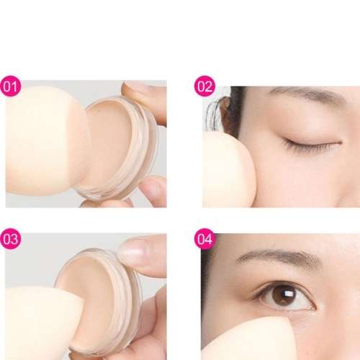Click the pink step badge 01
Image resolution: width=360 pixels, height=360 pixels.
coord(11,87)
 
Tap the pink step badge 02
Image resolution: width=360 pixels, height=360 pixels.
coord(204,87)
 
